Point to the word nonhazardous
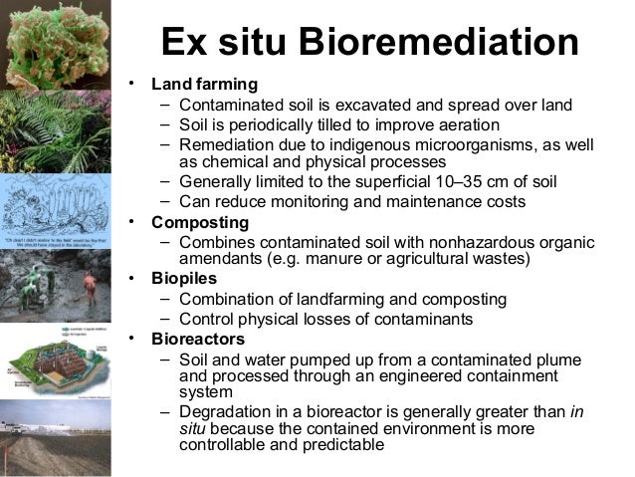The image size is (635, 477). pyautogui.click(x=452, y=241)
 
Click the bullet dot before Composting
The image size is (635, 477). pyautogui.click(x=130, y=220)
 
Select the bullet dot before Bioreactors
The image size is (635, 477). pyautogui.click(x=130, y=340)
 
